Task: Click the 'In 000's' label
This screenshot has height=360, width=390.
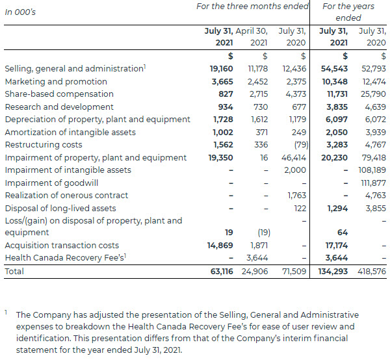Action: [21, 12]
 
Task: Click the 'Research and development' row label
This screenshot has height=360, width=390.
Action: [50, 107]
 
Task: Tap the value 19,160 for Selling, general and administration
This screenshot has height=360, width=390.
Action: [222, 69]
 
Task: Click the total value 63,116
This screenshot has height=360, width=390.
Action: [222, 271]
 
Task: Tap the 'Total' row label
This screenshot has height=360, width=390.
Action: [14, 271]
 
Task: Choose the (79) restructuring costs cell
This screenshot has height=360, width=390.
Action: [300, 145]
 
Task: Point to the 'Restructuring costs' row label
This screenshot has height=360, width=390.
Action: [44, 145]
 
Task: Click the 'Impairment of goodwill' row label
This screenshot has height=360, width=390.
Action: [52, 183]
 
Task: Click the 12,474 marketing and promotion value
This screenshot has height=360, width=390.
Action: [372, 82]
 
